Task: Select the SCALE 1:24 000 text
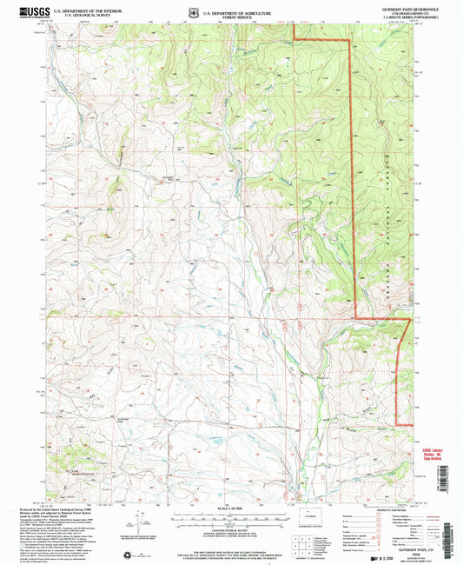coord(231,508)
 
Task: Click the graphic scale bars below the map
coord(231,518)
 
